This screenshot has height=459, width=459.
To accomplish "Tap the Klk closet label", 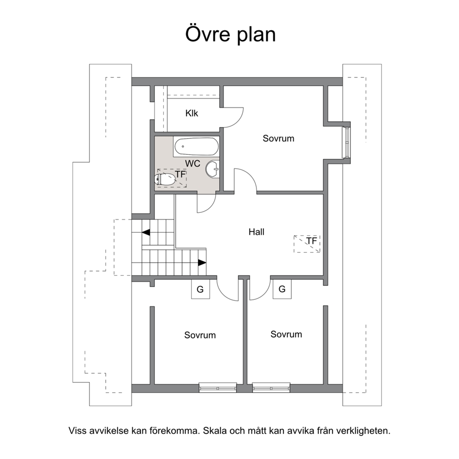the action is click(x=192, y=113).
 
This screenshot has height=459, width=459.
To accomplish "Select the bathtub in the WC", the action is click(x=196, y=147).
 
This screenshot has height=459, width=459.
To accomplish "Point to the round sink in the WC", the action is click(x=212, y=169).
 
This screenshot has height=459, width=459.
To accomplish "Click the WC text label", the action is click(x=192, y=164).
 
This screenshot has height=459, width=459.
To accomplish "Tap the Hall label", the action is click(x=256, y=232).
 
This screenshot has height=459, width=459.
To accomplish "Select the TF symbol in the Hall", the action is click(x=307, y=243).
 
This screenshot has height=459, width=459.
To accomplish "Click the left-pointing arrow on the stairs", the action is click(x=146, y=232).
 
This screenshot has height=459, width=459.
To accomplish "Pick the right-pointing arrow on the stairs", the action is click(x=202, y=262).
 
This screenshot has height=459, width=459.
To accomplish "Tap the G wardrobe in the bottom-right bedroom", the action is click(x=282, y=289).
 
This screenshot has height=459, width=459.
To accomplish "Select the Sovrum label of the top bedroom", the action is click(x=279, y=138).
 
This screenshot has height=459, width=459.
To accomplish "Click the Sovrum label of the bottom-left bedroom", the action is click(x=200, y=335).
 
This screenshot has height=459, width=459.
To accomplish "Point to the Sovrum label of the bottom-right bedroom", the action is click(x=286, y=334).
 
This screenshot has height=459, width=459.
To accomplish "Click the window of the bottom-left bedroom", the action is click(x=218, y=388).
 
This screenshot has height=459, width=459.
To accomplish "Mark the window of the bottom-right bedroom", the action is click(x=271, y=388).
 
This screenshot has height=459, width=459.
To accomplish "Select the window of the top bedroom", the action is click(x=347, y=142).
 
